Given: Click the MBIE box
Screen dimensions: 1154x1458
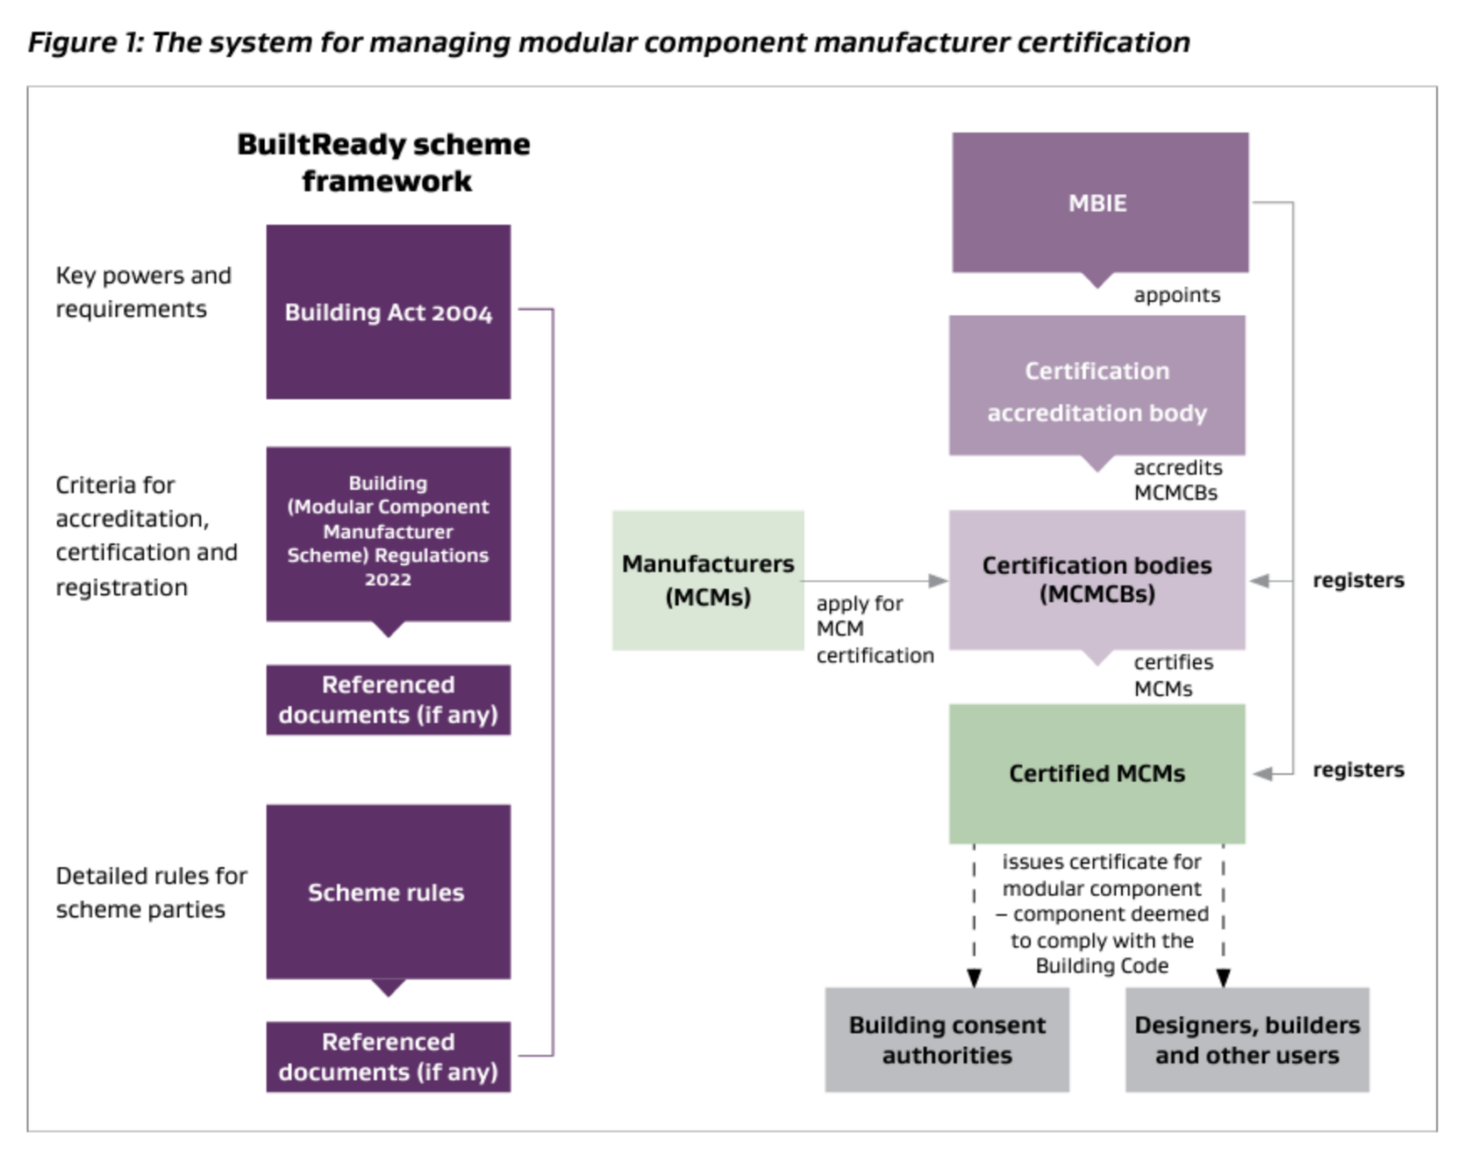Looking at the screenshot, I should point(1099,202).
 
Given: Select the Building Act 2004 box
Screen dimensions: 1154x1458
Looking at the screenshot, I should point(388,312).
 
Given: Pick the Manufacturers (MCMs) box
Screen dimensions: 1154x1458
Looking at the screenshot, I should point(708,579).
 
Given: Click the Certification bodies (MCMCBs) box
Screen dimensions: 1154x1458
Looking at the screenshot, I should point(1096,579).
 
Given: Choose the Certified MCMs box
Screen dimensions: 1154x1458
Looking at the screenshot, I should point(1096,773).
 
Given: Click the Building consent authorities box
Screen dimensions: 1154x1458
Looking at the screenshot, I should point(946,1039).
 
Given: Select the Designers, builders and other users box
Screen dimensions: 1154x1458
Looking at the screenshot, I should point(1246,1039).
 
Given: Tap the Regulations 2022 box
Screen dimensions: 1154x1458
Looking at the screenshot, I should point(388,533).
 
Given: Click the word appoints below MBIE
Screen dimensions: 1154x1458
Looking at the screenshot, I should point(1176,295).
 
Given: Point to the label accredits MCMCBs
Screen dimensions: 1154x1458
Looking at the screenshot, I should point(1177,480).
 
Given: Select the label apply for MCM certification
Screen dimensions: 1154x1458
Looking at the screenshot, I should point(873,629).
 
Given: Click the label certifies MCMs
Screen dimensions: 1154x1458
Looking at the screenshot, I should point(1172,675).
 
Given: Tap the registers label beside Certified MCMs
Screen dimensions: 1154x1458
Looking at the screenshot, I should point(1357,769).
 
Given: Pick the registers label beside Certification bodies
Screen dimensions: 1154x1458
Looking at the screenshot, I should point(1357,580).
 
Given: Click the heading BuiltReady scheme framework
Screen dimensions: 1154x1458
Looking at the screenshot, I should point(383,162).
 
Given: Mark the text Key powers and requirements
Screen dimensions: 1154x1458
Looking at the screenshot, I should point(143,292).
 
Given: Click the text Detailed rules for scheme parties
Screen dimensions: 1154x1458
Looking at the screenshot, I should point(151,892).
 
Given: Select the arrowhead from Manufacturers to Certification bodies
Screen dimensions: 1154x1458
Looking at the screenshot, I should point(938,580).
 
